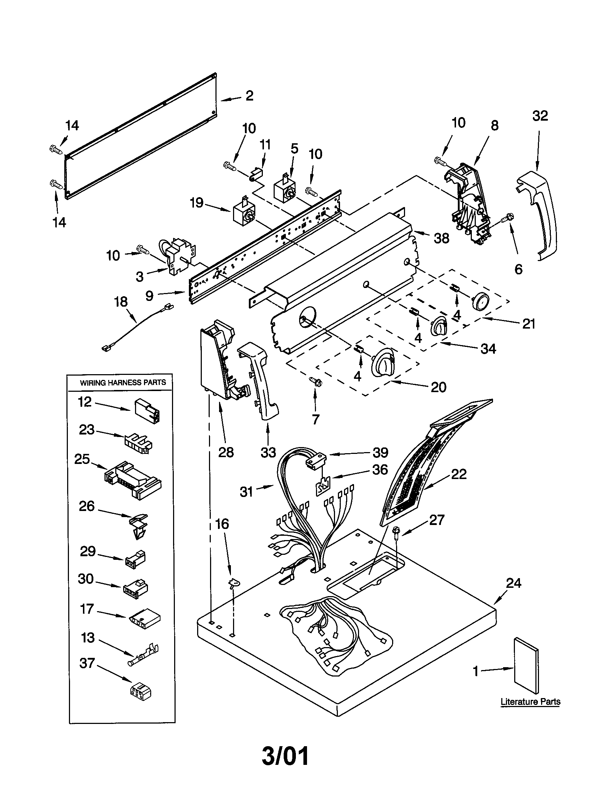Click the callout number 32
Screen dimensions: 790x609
point(540,116)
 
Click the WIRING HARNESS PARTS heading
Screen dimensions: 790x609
point(122,383)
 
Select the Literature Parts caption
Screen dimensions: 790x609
point(530,702)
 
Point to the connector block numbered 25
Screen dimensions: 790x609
point(133,480)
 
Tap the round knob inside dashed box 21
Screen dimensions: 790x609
point(480,301)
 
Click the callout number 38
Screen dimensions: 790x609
point(441,238)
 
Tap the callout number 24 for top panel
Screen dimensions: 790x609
point(513,583)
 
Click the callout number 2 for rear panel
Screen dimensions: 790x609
point(249,96)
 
